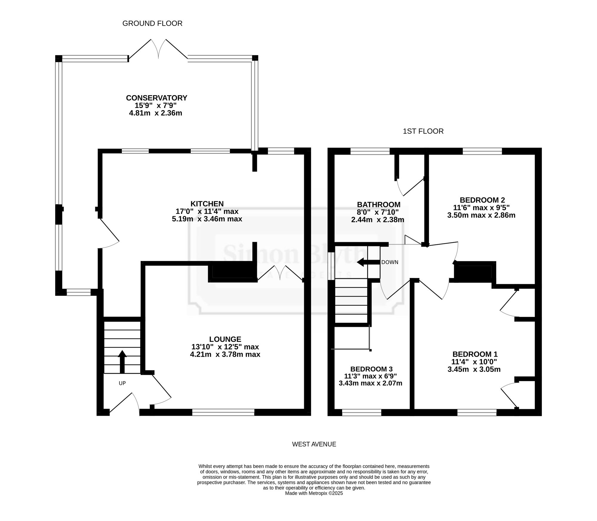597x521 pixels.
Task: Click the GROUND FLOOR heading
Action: (152, 23)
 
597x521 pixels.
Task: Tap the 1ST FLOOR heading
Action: (423, 131)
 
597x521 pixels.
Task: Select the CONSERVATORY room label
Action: (156, 98)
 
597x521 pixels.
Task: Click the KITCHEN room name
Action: (207, 204)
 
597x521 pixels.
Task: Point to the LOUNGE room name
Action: (225, 339)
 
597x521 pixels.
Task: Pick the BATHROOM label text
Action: (379, 205)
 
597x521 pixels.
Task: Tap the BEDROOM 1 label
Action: (475, 354)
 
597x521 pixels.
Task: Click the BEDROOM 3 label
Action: (371, 369)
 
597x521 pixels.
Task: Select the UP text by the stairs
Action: (122, 383)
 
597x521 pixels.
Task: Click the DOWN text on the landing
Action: (390, 262)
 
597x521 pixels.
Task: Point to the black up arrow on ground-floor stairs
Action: (122, 362)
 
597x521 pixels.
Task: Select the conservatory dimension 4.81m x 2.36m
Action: (156, 113)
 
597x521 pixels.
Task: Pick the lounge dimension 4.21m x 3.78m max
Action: (225, 355)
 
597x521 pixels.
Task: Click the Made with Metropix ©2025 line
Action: (314, 493)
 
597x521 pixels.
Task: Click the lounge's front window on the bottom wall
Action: (223, 412)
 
